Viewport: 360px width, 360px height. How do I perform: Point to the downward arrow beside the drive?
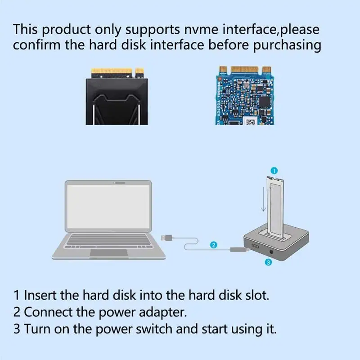click(262, 200)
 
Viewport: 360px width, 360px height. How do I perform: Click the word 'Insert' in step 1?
click(42, 296)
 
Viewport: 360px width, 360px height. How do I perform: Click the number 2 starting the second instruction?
click(17, 312)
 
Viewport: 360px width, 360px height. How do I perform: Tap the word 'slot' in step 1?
click(254, 296)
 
